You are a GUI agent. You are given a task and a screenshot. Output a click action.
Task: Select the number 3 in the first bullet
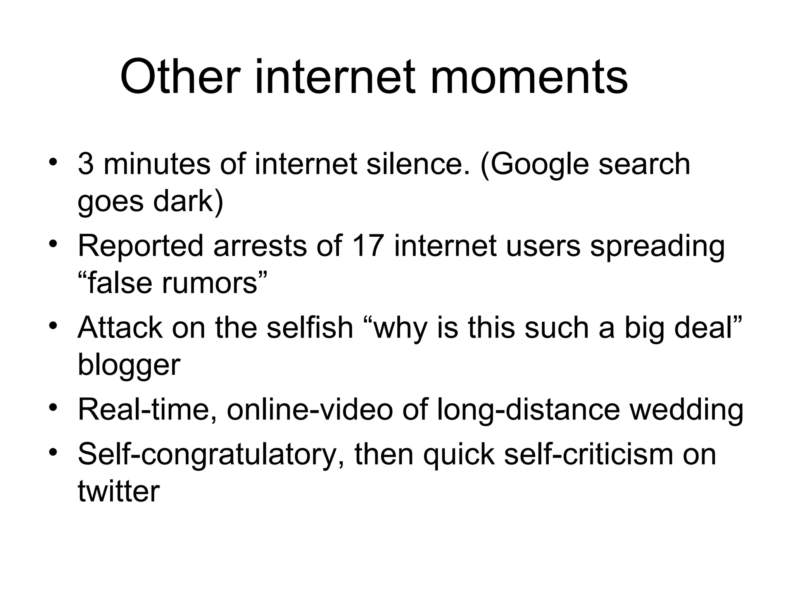(86, 164)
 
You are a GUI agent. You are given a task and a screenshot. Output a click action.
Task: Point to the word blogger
(129, 366)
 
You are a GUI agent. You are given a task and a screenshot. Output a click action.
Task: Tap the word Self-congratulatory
(211, 455)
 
